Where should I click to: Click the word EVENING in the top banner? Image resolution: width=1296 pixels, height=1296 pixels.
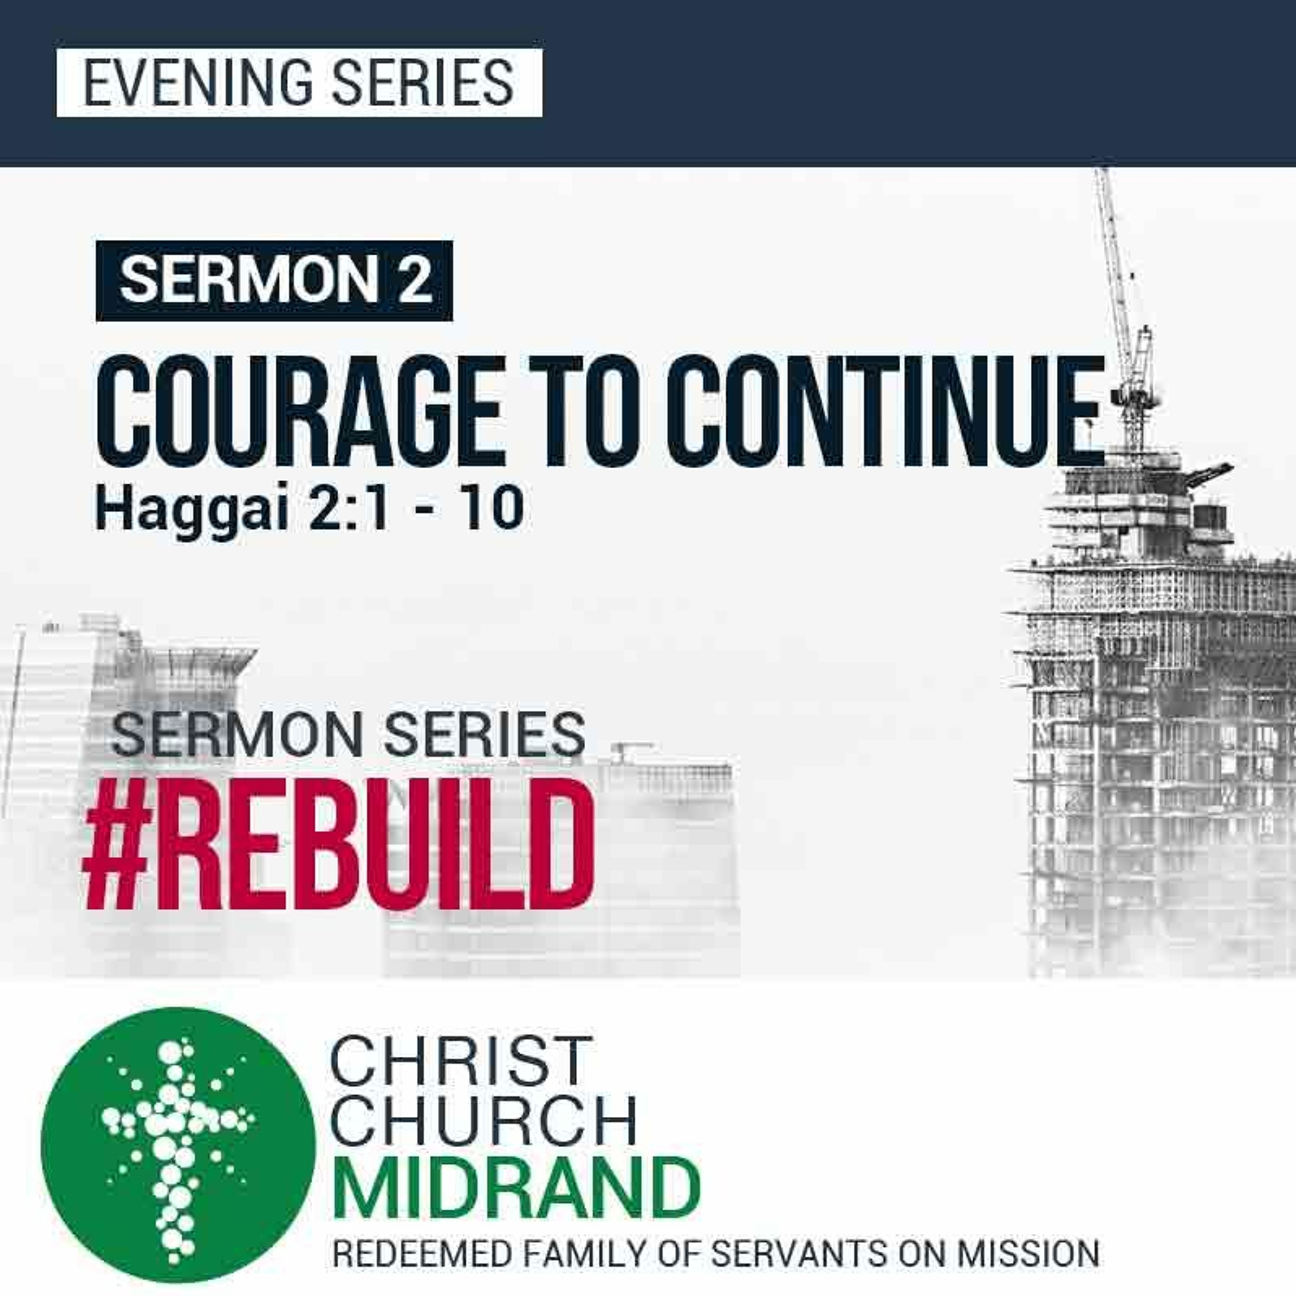coord(199,83)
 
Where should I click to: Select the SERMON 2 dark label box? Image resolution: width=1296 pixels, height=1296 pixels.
coord(274,280)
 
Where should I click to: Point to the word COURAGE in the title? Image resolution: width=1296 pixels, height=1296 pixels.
coord(301,410)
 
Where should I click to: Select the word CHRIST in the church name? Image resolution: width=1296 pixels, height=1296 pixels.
coord(461,1062)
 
